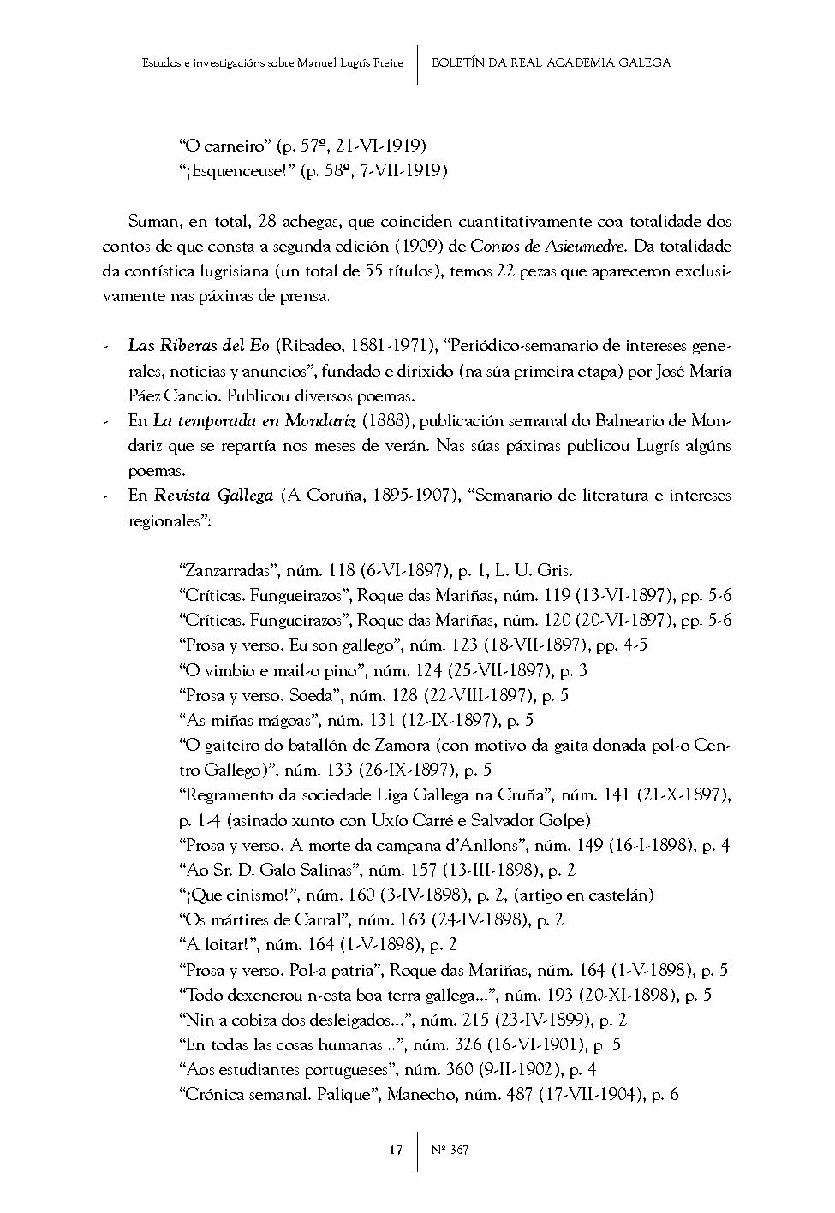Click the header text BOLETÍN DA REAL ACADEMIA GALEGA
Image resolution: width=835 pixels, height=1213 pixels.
[552, 62]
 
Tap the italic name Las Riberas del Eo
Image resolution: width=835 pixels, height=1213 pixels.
[199, 346]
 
